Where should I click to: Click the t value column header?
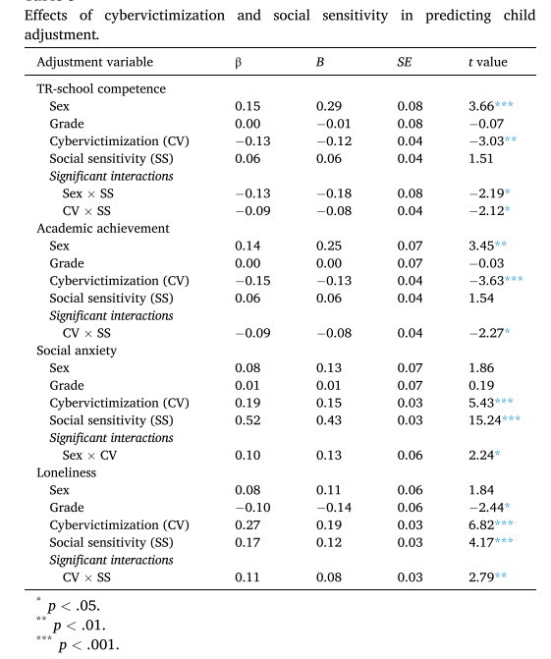[x=488, y=62]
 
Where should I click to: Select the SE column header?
[x=404, y=62]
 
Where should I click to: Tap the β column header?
[x=239, y=63]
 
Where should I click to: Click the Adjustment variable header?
[x=95, y=62]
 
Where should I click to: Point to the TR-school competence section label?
[x=101, y=88]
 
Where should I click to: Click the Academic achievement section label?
[x=103, y=228]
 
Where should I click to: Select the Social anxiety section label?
[x=77, y=351]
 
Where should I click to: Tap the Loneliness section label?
[x=67, y=472]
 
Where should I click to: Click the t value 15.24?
[x=485, y=420]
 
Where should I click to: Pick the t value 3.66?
[x=481, y=106]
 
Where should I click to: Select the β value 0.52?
[x=248, y=420]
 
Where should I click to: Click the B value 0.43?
[x=329, y=420]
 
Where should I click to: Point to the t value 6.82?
[x=481, y=524]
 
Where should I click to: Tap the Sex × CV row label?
[x=89, y=455]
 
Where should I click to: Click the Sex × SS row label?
[x=87, y=193]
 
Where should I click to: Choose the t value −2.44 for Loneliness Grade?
[x=486, y=508]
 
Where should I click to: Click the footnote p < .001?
[x=88, y=645]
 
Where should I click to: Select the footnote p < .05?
[x=74, y=606]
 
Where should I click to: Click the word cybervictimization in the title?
[x=164, y=16]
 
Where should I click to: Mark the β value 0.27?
[x=248, y=524]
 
